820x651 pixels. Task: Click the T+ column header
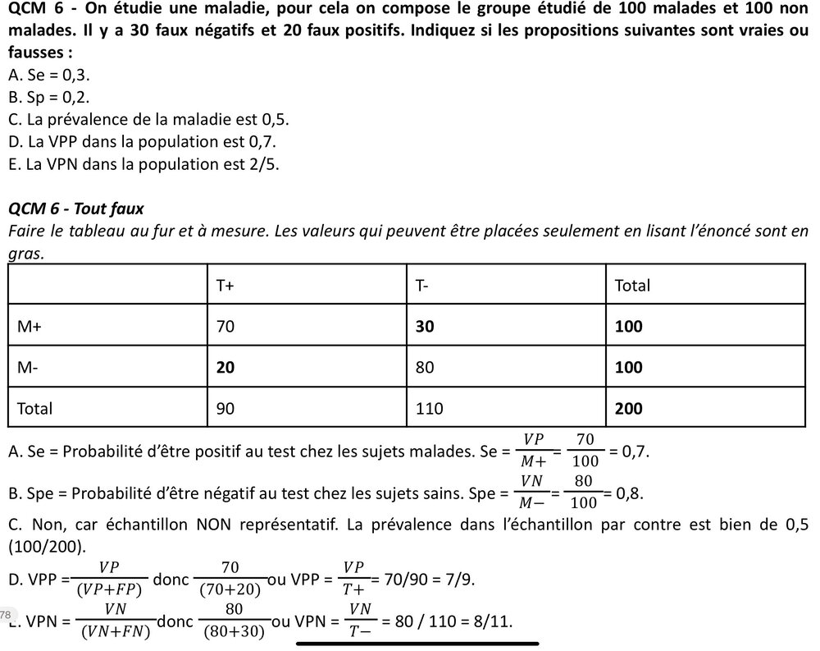coord(225,286)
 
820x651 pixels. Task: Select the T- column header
coord(423,286)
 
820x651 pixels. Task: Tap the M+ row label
coord(30,327)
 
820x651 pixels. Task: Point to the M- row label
coord(28,368)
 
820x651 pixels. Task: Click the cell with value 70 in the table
coord(225,327)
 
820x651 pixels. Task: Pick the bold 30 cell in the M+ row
coord(425,327)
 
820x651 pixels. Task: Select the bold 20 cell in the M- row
coord(225,368)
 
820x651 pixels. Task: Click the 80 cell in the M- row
coord(425,368)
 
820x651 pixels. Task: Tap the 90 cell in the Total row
coord(225,408)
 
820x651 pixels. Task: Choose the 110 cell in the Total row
coord(429,408)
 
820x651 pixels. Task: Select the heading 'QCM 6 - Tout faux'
coord(75,209)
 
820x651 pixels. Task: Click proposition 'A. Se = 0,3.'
coord(49,75)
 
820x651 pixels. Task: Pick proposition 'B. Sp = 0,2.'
coord(49,97)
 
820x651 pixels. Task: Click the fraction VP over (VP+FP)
coord(108,579)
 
